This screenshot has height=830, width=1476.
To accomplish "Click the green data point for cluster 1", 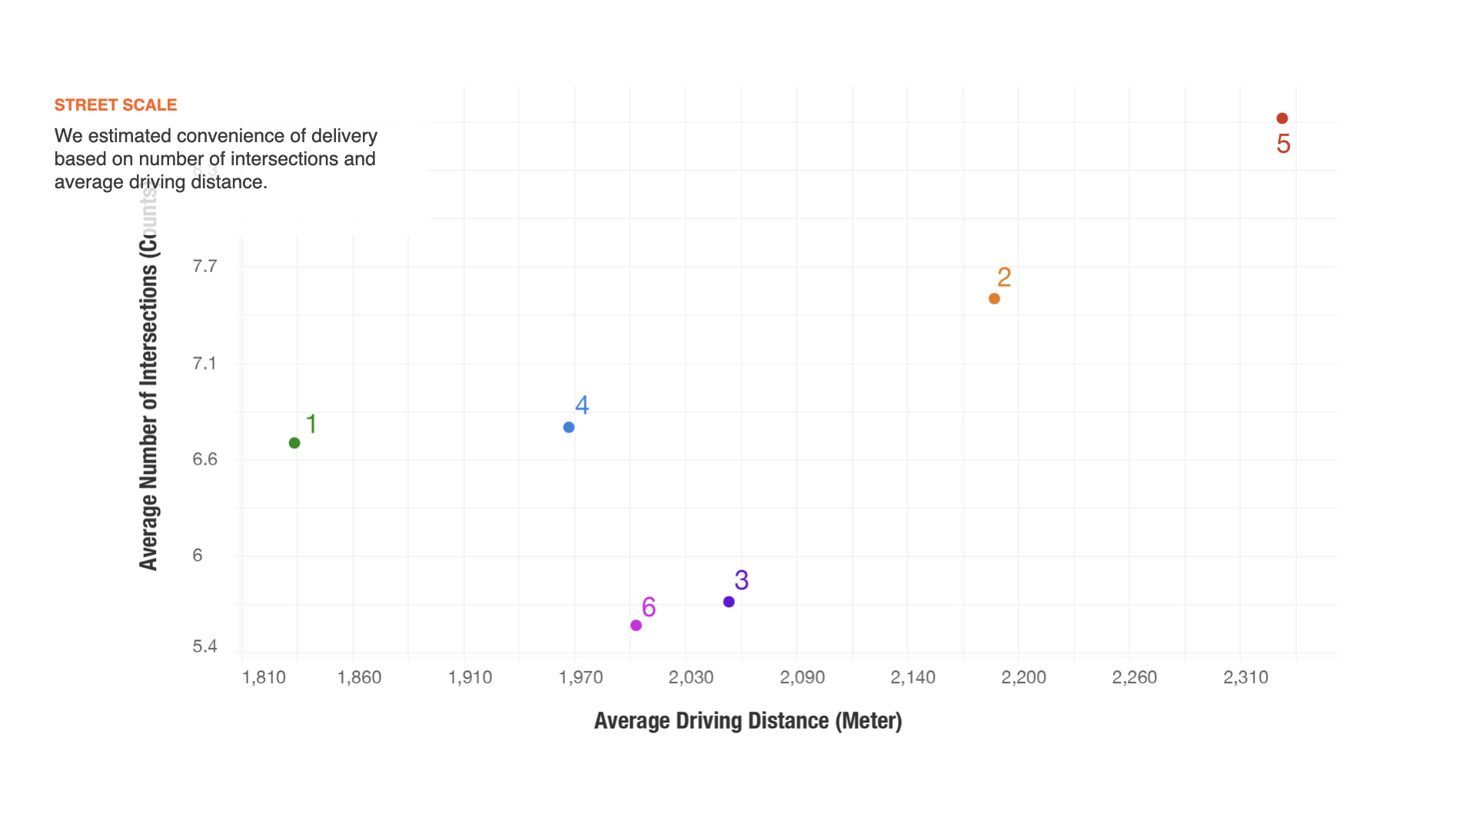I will click(x=294, y=443).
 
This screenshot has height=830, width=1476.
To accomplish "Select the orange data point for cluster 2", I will click(x=994, y=298).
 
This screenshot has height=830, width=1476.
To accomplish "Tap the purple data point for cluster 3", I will click(x=729, y=602).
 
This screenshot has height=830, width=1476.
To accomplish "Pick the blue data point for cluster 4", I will click(x=569, y=427).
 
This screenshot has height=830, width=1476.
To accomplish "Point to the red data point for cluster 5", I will click(x=1282, y=118).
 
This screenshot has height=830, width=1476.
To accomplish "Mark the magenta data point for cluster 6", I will click(x=636, y=626).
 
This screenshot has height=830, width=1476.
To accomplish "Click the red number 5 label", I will click(x=1283, y=144).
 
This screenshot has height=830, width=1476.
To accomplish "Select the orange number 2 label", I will click(x=1004, y=277).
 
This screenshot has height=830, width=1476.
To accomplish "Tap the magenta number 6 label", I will click(x=649, y=607).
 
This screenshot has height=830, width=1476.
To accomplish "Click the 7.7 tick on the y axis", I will click(x=204, y=267).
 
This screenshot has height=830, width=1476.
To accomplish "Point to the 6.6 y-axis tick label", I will click(x=204, y=460).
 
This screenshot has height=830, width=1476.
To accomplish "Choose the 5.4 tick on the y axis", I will click(x=204, y=646).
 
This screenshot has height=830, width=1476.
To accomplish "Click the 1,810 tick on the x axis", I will click(x=264, y=677).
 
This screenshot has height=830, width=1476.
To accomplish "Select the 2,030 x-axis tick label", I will click(x=690, y=677).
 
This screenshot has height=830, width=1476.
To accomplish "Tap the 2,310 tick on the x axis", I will click(x=1245, y=677).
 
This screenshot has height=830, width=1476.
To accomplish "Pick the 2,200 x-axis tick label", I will click(x=1023, y=677).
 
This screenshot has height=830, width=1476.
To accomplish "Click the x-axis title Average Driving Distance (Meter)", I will click(x=747, y=721).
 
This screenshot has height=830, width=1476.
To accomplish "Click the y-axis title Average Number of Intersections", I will click(x=148, y=400).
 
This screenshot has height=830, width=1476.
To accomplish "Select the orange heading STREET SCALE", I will click(x=115, y=105).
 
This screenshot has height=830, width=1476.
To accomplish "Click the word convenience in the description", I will click(x=241, y=136).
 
